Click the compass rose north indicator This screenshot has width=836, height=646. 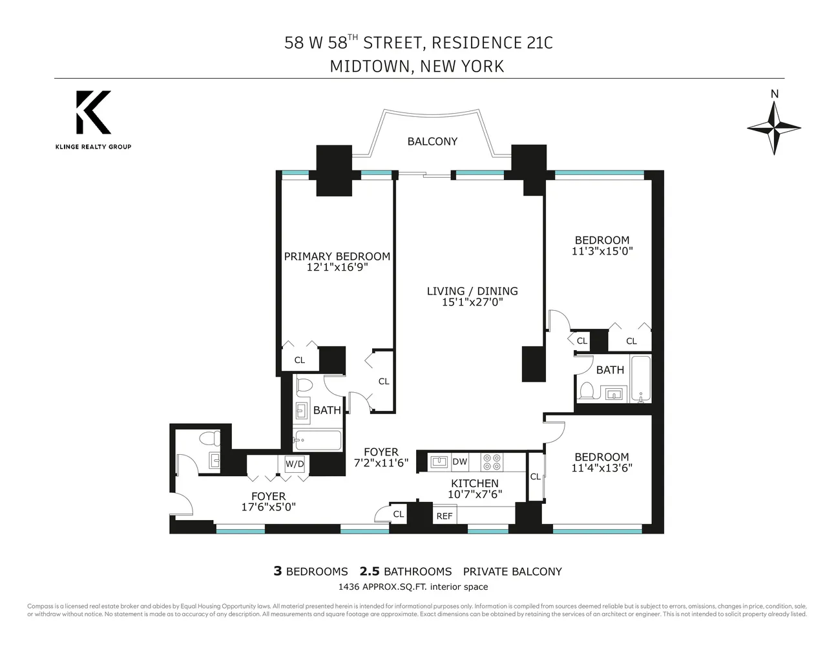774,126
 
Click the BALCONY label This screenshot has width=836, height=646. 432,141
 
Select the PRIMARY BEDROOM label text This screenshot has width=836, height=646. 337,256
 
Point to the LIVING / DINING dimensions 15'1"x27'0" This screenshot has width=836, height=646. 472,302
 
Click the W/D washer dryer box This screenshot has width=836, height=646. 295,464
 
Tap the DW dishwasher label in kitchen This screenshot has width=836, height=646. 459,461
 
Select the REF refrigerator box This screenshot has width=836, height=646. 444,516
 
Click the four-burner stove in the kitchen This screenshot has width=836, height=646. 492,461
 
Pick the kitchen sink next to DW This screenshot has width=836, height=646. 439,461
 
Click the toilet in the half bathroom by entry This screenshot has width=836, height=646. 209,439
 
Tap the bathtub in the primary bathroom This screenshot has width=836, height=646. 317,441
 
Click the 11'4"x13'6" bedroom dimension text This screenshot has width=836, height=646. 601,468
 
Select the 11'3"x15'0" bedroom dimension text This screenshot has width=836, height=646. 601,251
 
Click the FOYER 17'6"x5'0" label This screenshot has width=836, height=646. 268,502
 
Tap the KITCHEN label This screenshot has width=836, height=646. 474,483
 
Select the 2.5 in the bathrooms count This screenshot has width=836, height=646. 369,571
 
